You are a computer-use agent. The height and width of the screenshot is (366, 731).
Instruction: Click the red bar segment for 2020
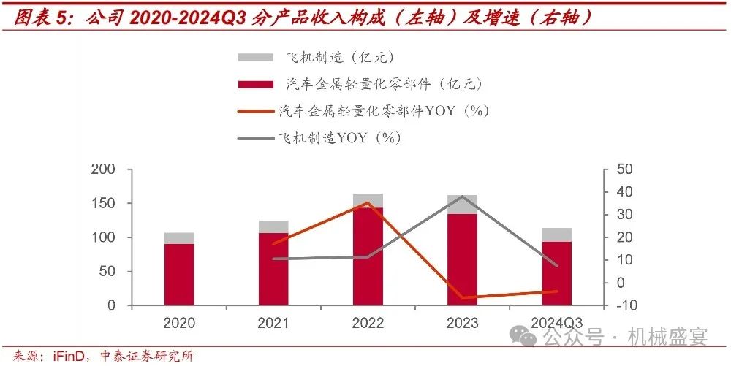pyautogui.click(x=178, y=274)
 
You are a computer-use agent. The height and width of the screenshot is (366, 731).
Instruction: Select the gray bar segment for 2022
pyautogui.click(x=368, y=201)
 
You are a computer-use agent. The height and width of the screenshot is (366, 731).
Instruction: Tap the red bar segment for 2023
pyautogui.click(x=462, y=259)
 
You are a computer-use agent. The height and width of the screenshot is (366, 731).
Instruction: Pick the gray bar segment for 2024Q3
pyautogui.click(x=556, y=235)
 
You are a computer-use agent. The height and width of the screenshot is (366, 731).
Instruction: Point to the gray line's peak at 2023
pyautogui.click(x=462, y=197)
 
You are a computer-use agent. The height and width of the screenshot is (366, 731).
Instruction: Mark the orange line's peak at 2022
pyautogui.click(x=368, y=203)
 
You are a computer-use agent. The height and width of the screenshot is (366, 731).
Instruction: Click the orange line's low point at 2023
pyautogui.click(x=462, y=297)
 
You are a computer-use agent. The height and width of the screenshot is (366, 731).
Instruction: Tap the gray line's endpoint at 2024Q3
pyautogui.click(x=556, y=265)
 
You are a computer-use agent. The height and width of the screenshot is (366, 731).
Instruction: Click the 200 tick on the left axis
pyautogui.click(x=105, y=169)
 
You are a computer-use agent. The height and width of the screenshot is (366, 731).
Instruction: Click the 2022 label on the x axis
pyautogui.click(x=368, y=323)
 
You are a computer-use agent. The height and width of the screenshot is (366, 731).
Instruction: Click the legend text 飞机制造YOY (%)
pyautogui.click(x=340, y=137)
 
